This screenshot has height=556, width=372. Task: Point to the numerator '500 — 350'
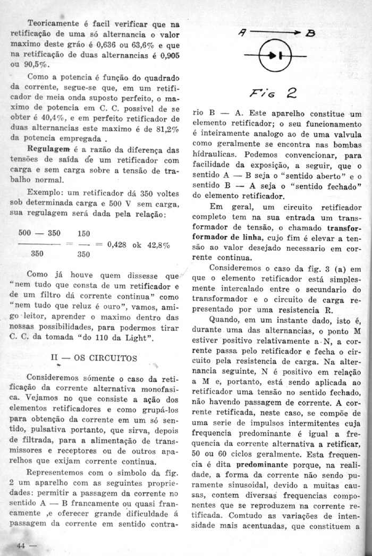pyautogui.click(x=39, y=233)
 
